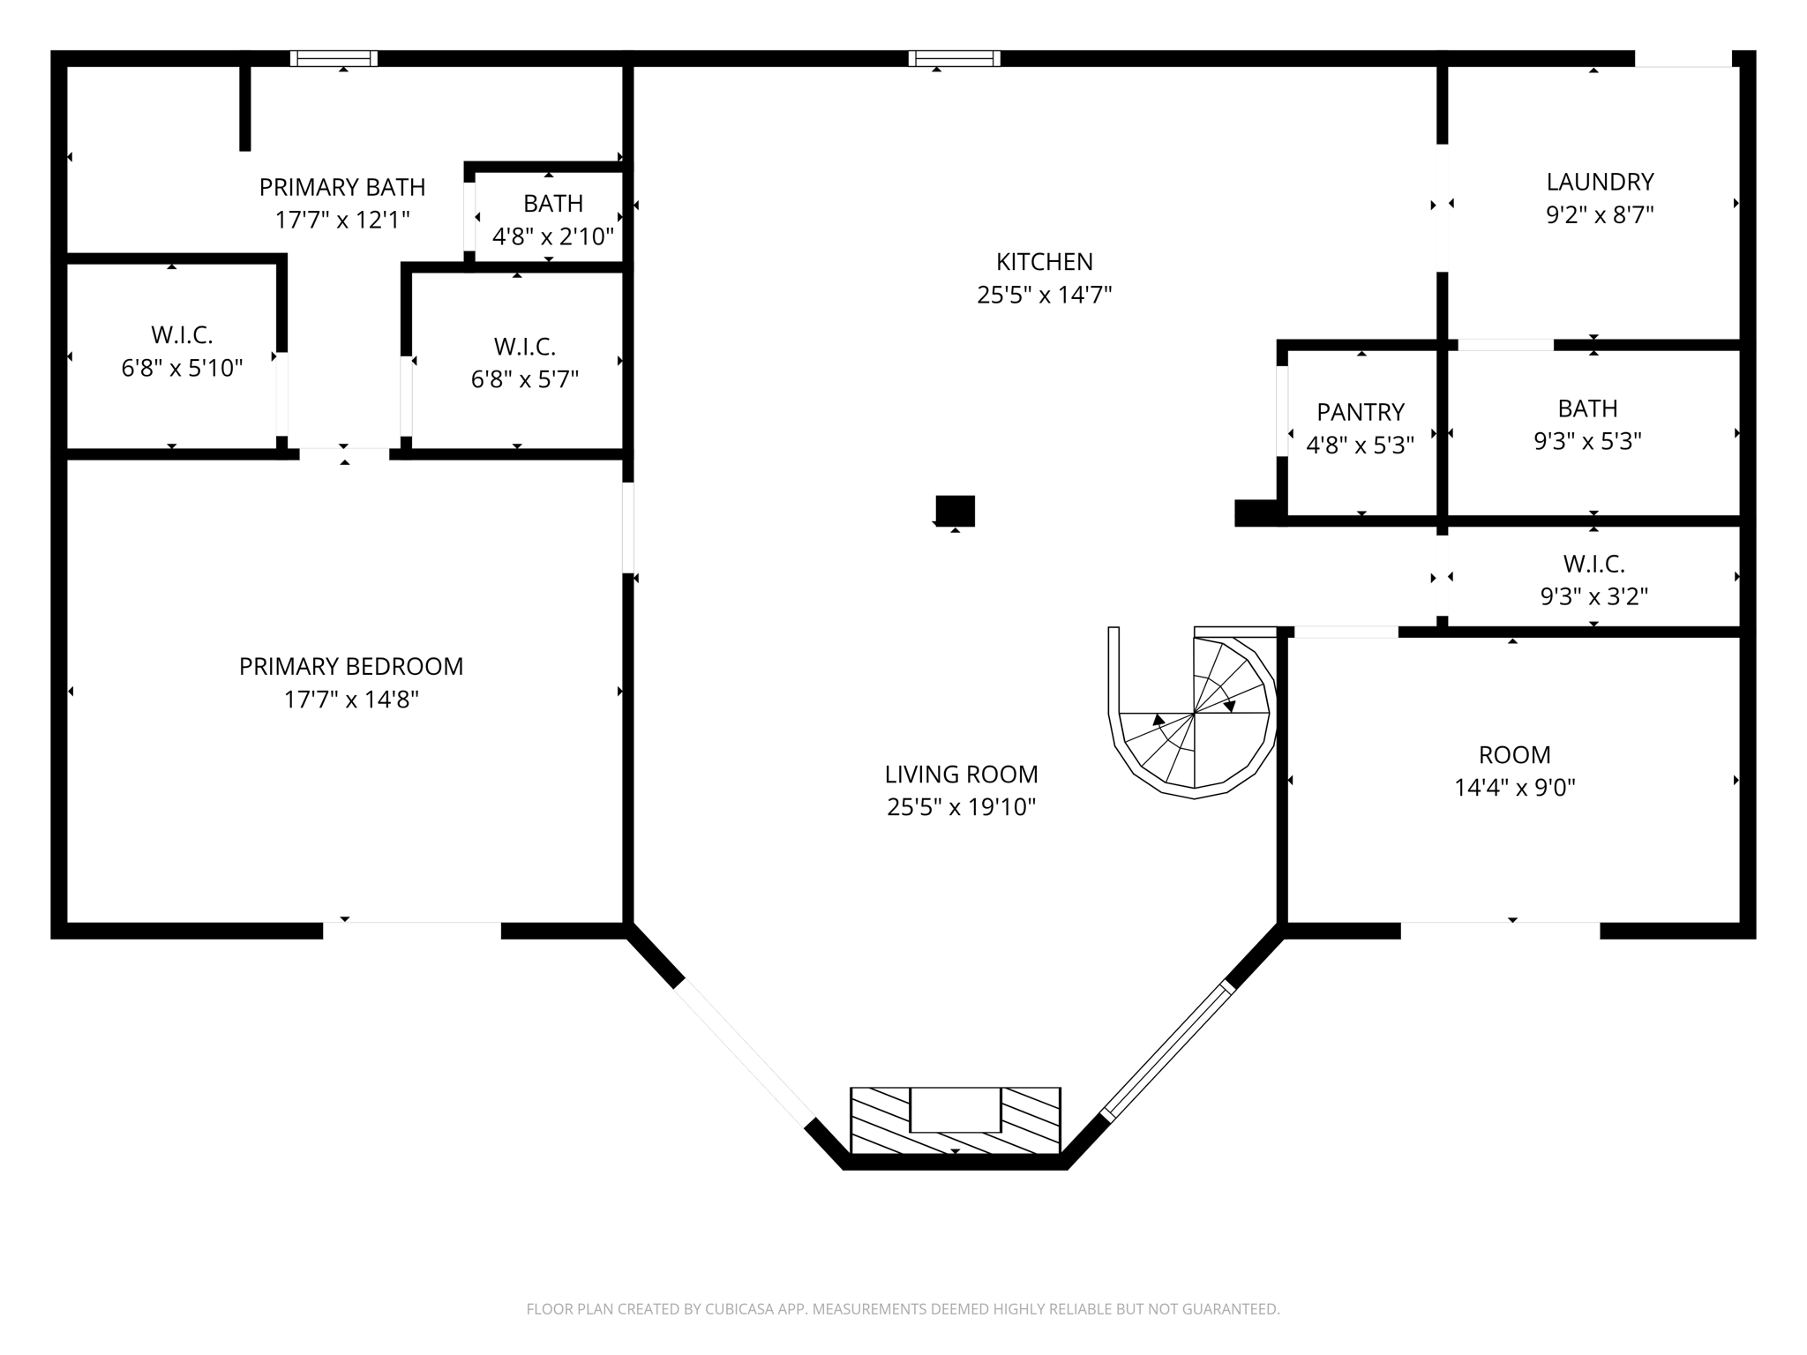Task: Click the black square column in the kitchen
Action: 955,510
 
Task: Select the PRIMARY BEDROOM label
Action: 351,666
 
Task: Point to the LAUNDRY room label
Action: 1600,182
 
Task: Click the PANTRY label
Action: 1360,412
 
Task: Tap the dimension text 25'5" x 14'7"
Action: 1044,295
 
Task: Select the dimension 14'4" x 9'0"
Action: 1514,787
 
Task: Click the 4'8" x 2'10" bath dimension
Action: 552,236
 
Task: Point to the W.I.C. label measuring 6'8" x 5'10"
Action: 182,335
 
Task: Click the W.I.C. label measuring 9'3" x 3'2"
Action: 1593,564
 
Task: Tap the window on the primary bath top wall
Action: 334,58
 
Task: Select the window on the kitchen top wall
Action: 955,58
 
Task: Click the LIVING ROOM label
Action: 961,774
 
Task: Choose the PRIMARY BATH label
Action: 342,187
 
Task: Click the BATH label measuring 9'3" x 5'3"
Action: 1587,408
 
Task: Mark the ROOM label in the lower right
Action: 1514,754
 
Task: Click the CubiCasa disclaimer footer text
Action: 903,1309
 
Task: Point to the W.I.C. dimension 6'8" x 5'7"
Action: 524,379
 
